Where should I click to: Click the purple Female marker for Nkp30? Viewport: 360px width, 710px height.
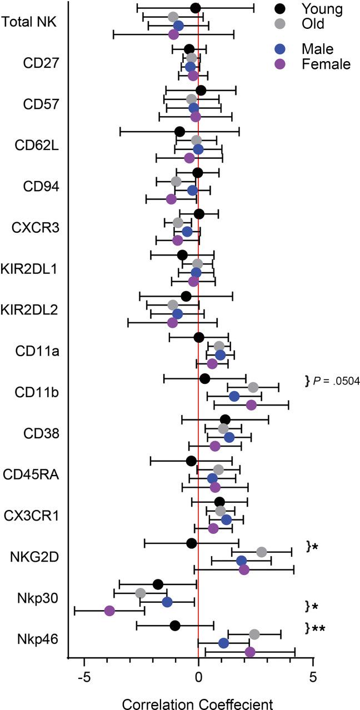(109, 611)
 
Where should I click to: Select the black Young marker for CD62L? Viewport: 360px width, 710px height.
(179, 132)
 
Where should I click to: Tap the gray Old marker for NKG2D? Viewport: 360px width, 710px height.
(262, 552)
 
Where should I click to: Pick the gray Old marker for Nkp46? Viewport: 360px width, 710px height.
(254, 634)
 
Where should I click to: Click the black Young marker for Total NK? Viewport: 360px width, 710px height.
(195, 8)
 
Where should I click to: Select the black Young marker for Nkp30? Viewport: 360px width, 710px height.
(158, 584)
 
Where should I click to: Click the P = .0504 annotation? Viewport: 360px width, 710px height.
(332, 381)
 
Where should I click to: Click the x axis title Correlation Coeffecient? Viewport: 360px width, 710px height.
(198, 702)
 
